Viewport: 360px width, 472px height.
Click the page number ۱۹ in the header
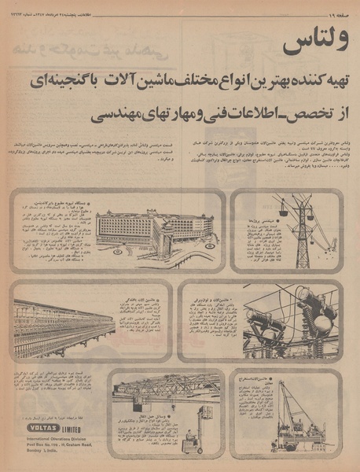point(337,8)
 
